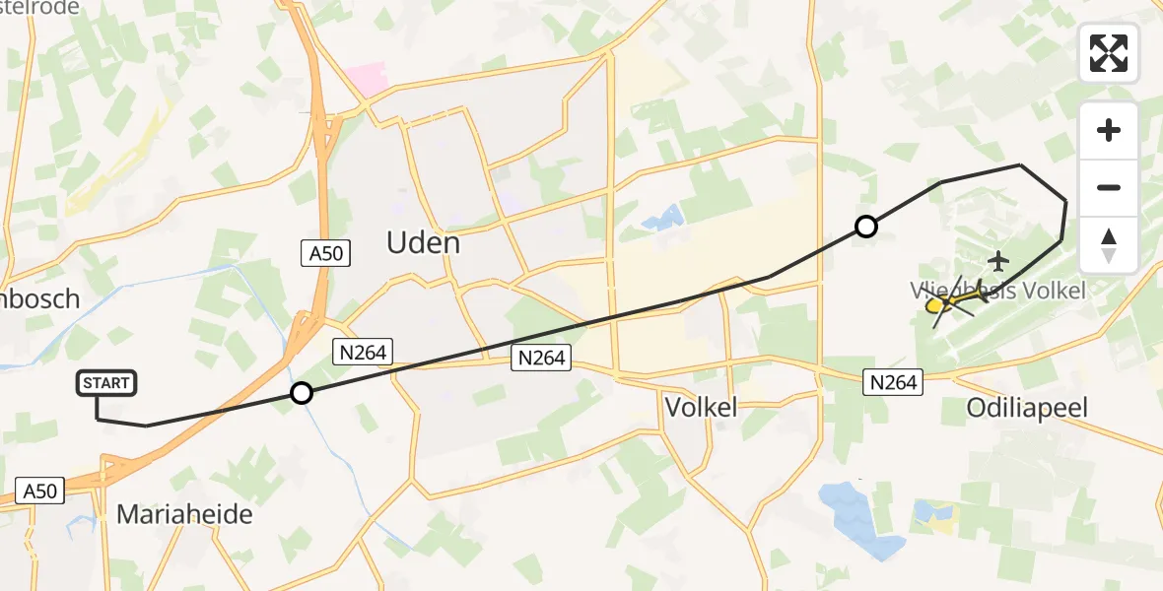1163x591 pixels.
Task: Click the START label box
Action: point(106,383)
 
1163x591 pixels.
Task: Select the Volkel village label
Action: point(701,407)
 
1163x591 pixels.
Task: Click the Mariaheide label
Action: point(184,514)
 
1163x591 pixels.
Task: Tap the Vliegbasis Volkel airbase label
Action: point(996,291)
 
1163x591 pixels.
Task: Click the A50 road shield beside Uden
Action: point(325,253)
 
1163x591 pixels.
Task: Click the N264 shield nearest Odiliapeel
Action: point(892,381)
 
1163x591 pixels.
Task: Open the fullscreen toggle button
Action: point(1109,53)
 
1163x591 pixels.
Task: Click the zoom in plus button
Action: point(1109,130)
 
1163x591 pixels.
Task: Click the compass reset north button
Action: point(1109,244)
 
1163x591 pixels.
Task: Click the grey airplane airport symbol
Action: point(999,261)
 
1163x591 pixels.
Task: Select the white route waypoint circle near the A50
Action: point(302,394)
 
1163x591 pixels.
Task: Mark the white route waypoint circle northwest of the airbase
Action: point(865,228)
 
